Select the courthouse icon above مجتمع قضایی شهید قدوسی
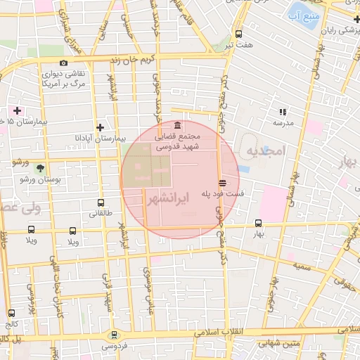point(176,125)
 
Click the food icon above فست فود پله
point(222,182)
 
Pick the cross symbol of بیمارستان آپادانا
point(101,127)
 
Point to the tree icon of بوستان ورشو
point(40,167)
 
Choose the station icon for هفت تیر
point(239,34)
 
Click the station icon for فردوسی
point(114,335)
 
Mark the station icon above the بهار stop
point(258,224)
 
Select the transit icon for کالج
point(11,313)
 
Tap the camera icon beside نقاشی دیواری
point(63,63)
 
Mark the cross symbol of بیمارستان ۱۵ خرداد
point(17,110)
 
